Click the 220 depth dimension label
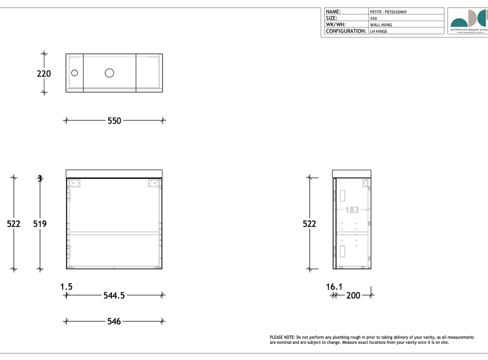(44, 74)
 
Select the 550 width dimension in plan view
(114, 121)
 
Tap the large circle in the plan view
(110, 73)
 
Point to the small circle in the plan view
(74, 73)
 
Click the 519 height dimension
(40, 223)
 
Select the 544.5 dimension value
(114, 295)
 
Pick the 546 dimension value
(114, 321)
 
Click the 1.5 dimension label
(67, 287)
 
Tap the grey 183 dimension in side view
(352, 210)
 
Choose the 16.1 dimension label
(334, 287)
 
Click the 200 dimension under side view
(353, 296)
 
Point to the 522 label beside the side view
(310, 223)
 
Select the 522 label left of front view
(14, 223)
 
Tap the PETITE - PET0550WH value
(388, 12)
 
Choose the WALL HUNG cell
(381, 25)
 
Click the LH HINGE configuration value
(379, 31)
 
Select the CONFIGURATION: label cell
(346, 31)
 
